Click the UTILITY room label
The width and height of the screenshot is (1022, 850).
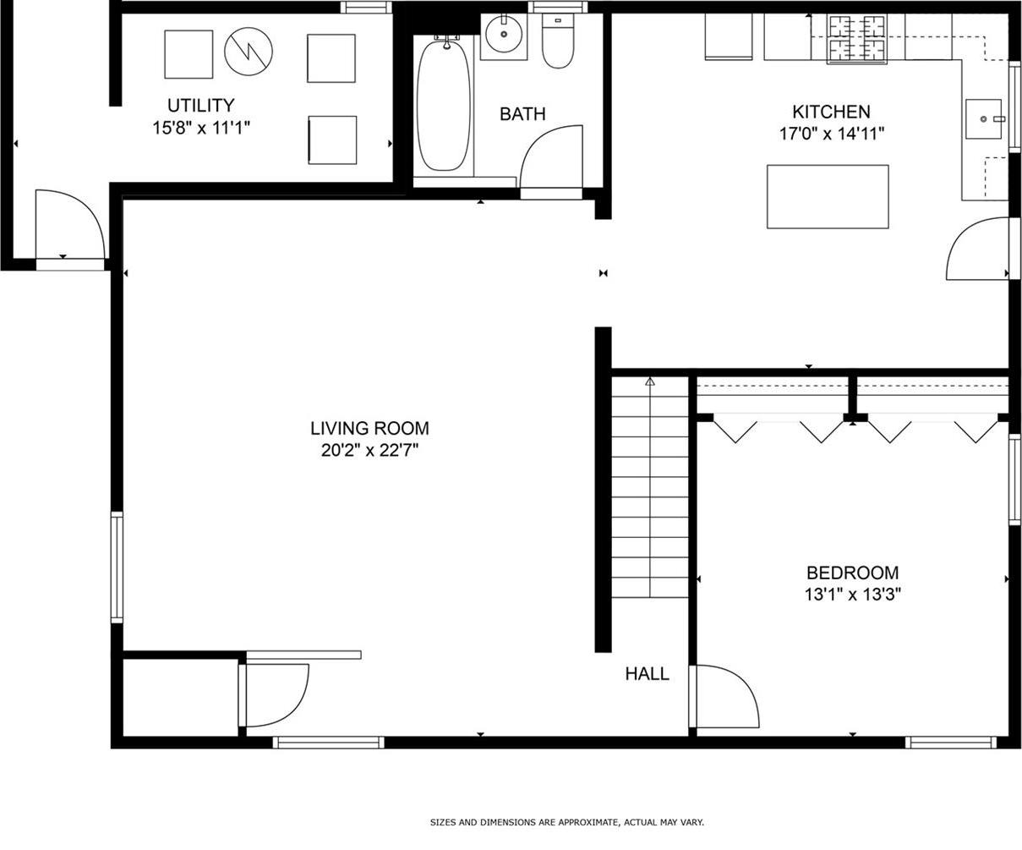coord(200,106)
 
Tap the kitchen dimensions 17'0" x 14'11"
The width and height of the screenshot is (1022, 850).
coord(831,134)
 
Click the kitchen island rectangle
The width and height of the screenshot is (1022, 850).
coord(828,196)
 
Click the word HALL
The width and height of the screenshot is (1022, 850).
coord(647,674)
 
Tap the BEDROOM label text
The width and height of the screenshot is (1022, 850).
coord(852,573)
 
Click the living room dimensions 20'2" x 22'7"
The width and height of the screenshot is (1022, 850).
coord(369,451)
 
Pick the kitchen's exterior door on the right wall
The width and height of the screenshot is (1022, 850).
coord(978,249)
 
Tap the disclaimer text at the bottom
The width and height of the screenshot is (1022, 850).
coord(566,822)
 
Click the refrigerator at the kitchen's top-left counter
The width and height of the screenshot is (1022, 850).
coord(729,37)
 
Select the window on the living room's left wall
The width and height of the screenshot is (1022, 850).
coord(117,567)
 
